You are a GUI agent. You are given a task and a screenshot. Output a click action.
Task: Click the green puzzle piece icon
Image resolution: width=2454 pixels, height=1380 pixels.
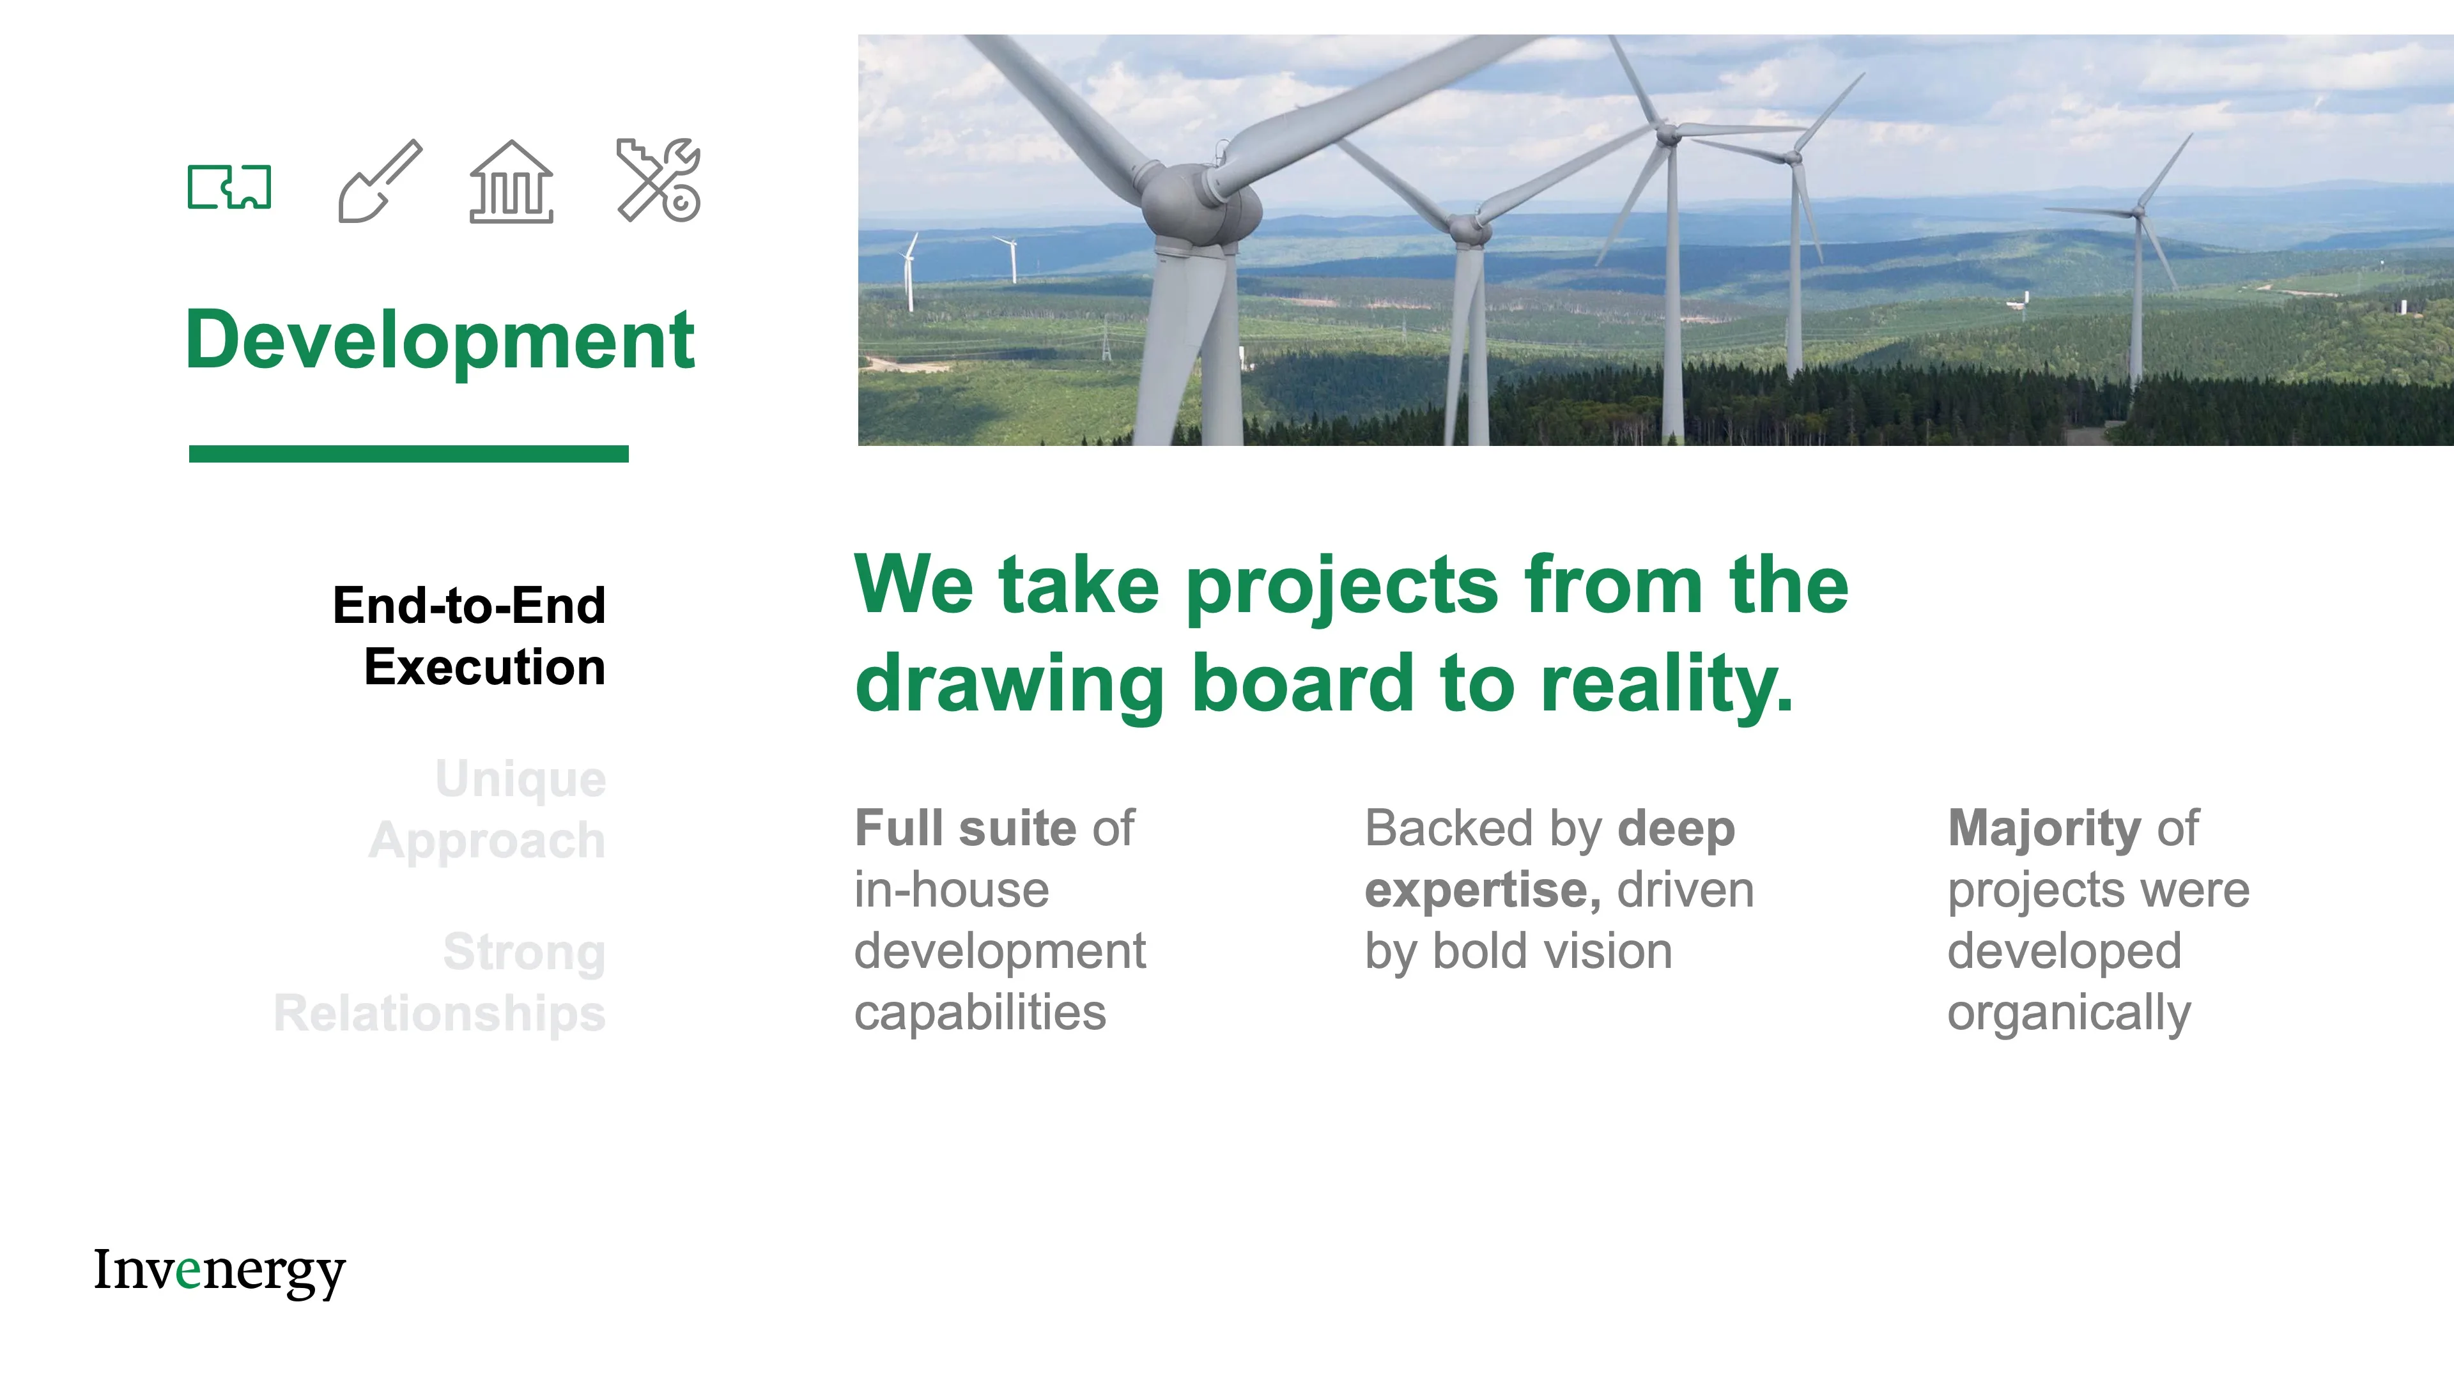tap(229, 186)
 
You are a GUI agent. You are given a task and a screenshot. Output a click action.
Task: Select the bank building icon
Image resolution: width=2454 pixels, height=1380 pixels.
tap(511, 182)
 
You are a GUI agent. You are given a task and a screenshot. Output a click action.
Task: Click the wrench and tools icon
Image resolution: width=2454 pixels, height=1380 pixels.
tap(660, 180)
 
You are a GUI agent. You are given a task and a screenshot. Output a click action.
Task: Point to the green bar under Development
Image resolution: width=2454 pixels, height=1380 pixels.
tap(409, 454)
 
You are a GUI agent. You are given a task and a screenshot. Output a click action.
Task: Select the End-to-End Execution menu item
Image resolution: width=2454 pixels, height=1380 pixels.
tap(470, 636)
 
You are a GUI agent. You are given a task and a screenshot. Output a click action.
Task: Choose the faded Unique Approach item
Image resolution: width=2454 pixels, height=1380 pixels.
tap(488, 809)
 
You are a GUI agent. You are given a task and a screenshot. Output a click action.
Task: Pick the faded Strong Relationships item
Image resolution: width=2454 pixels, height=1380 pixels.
tap(440, 982)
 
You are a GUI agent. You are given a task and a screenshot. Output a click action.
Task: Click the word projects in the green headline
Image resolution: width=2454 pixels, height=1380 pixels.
tap(1342, 586)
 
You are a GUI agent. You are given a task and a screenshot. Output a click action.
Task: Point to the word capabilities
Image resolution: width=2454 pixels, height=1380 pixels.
tap(980, 1013)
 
